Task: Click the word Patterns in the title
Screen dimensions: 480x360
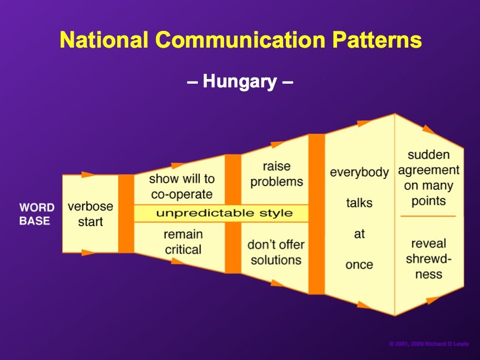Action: (x=377, y=39)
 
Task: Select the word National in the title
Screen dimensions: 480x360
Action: (x=104, y=39)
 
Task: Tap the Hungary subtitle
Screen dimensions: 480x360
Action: (x=240, y=82)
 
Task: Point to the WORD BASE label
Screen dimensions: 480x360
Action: (x=37, y=214)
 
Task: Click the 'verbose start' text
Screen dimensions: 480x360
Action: (x=91, y=214)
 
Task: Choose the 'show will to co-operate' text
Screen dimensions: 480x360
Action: (x=182, y=186)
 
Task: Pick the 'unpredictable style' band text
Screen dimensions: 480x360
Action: (x=225, y=213)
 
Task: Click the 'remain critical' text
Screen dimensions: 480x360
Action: (x=183, y=242)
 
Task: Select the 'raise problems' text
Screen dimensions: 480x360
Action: (x=277, y=174)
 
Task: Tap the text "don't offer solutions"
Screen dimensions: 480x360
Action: (x=276, y=252)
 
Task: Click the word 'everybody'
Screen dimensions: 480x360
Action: (x=360, y=172)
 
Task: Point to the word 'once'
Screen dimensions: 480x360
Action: (x=360, y=264)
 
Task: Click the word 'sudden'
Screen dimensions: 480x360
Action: (x=429, y=154)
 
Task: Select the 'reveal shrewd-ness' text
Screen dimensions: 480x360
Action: (x=429, y=258)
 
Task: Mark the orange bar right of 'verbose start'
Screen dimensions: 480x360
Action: (x=126, y=213)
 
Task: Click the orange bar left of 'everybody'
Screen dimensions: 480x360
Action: (x=317, y=214)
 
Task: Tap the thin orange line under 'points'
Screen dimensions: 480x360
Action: (x=428, y=216)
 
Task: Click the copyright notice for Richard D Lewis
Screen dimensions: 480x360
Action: (x=429, y=344)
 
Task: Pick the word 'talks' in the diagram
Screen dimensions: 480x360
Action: (x=360, y=203)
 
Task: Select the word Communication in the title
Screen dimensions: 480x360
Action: (x=240, y=39)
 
